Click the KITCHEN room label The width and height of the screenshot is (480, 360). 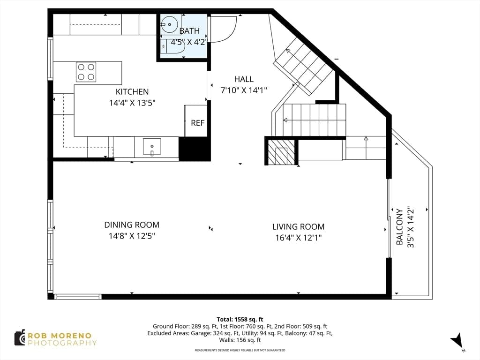[x=132, y=91]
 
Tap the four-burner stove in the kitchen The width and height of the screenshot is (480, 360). [x=86, y=72]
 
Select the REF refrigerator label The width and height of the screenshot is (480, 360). [x=197, y=123]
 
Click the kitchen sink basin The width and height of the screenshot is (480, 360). [x=152, y=147]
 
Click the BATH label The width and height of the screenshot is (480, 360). [x=189, y=30]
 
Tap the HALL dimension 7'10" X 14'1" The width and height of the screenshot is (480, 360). [x=244, y=90]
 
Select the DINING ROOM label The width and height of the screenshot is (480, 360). [x=132, y=225]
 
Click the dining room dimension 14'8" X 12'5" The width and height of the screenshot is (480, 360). [x=132, y=236]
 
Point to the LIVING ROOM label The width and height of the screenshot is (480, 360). [x=298, y=226]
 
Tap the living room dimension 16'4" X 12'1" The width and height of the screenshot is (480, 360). [x=298, y=238]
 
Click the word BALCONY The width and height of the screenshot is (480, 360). [x=399, y=227]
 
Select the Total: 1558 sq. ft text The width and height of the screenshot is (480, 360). [x=240, y=319]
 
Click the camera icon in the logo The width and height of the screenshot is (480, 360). [x=20, y=337]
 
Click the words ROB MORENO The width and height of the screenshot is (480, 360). [x=60, y=336]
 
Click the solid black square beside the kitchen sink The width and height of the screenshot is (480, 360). [x=195, y=149]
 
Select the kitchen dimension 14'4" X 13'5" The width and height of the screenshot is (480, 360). [x=132, y=103]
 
